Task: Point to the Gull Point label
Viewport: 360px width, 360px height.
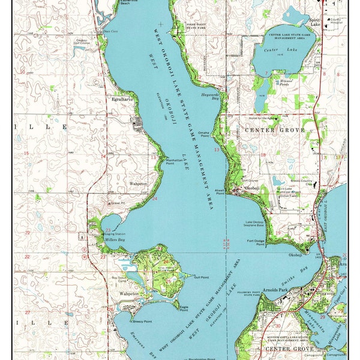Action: (201, 277)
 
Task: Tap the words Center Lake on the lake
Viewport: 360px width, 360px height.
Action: (282, 51)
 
